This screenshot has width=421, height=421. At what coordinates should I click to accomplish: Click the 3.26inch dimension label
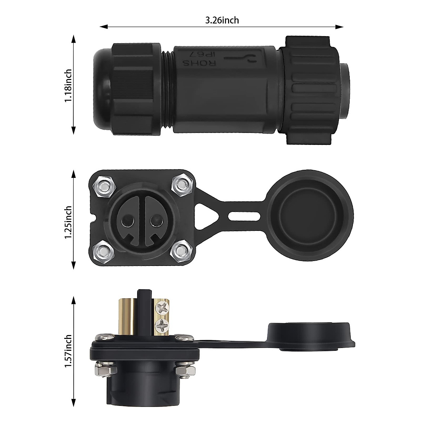222,20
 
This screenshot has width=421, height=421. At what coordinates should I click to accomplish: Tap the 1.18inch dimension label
68,85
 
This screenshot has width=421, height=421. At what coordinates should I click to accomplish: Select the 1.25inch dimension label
68,222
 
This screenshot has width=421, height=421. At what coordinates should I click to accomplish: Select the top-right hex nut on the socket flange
183,184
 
